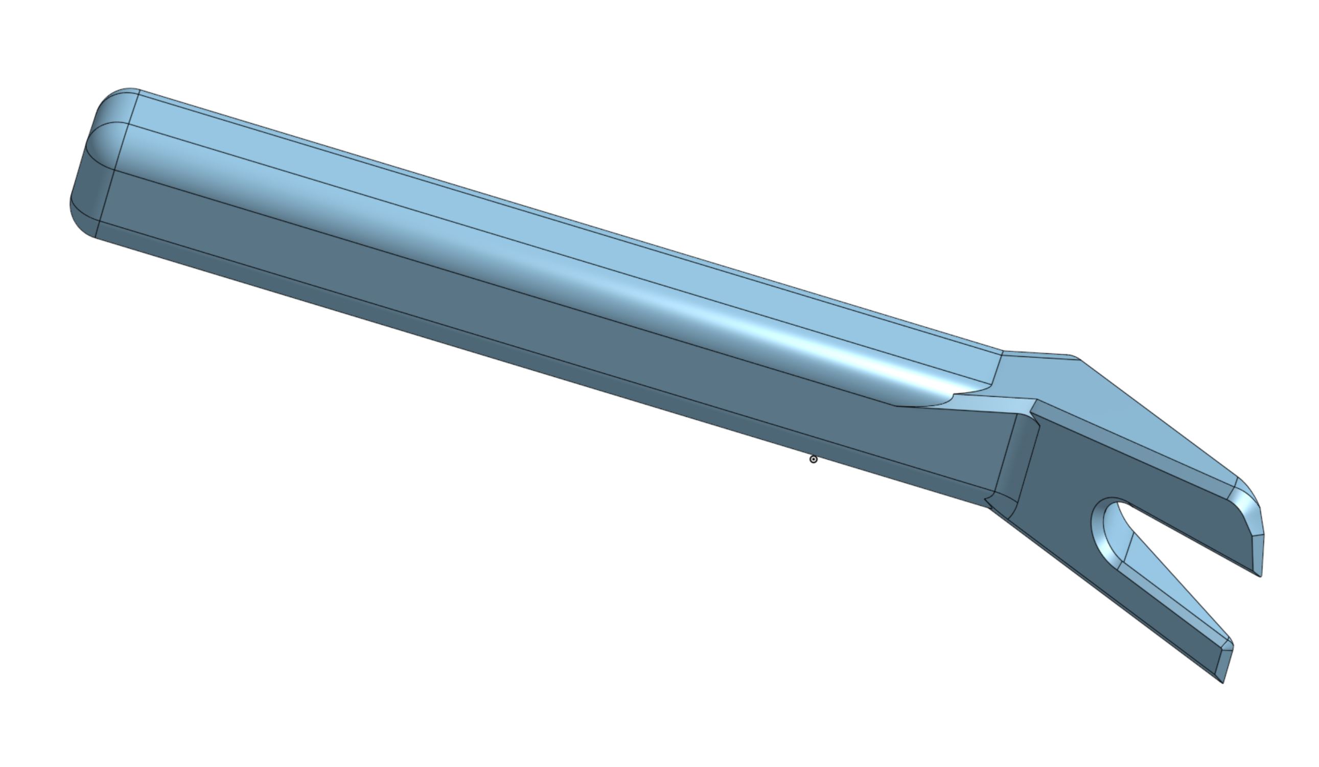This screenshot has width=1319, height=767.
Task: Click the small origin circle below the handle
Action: tap(814, 459)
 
